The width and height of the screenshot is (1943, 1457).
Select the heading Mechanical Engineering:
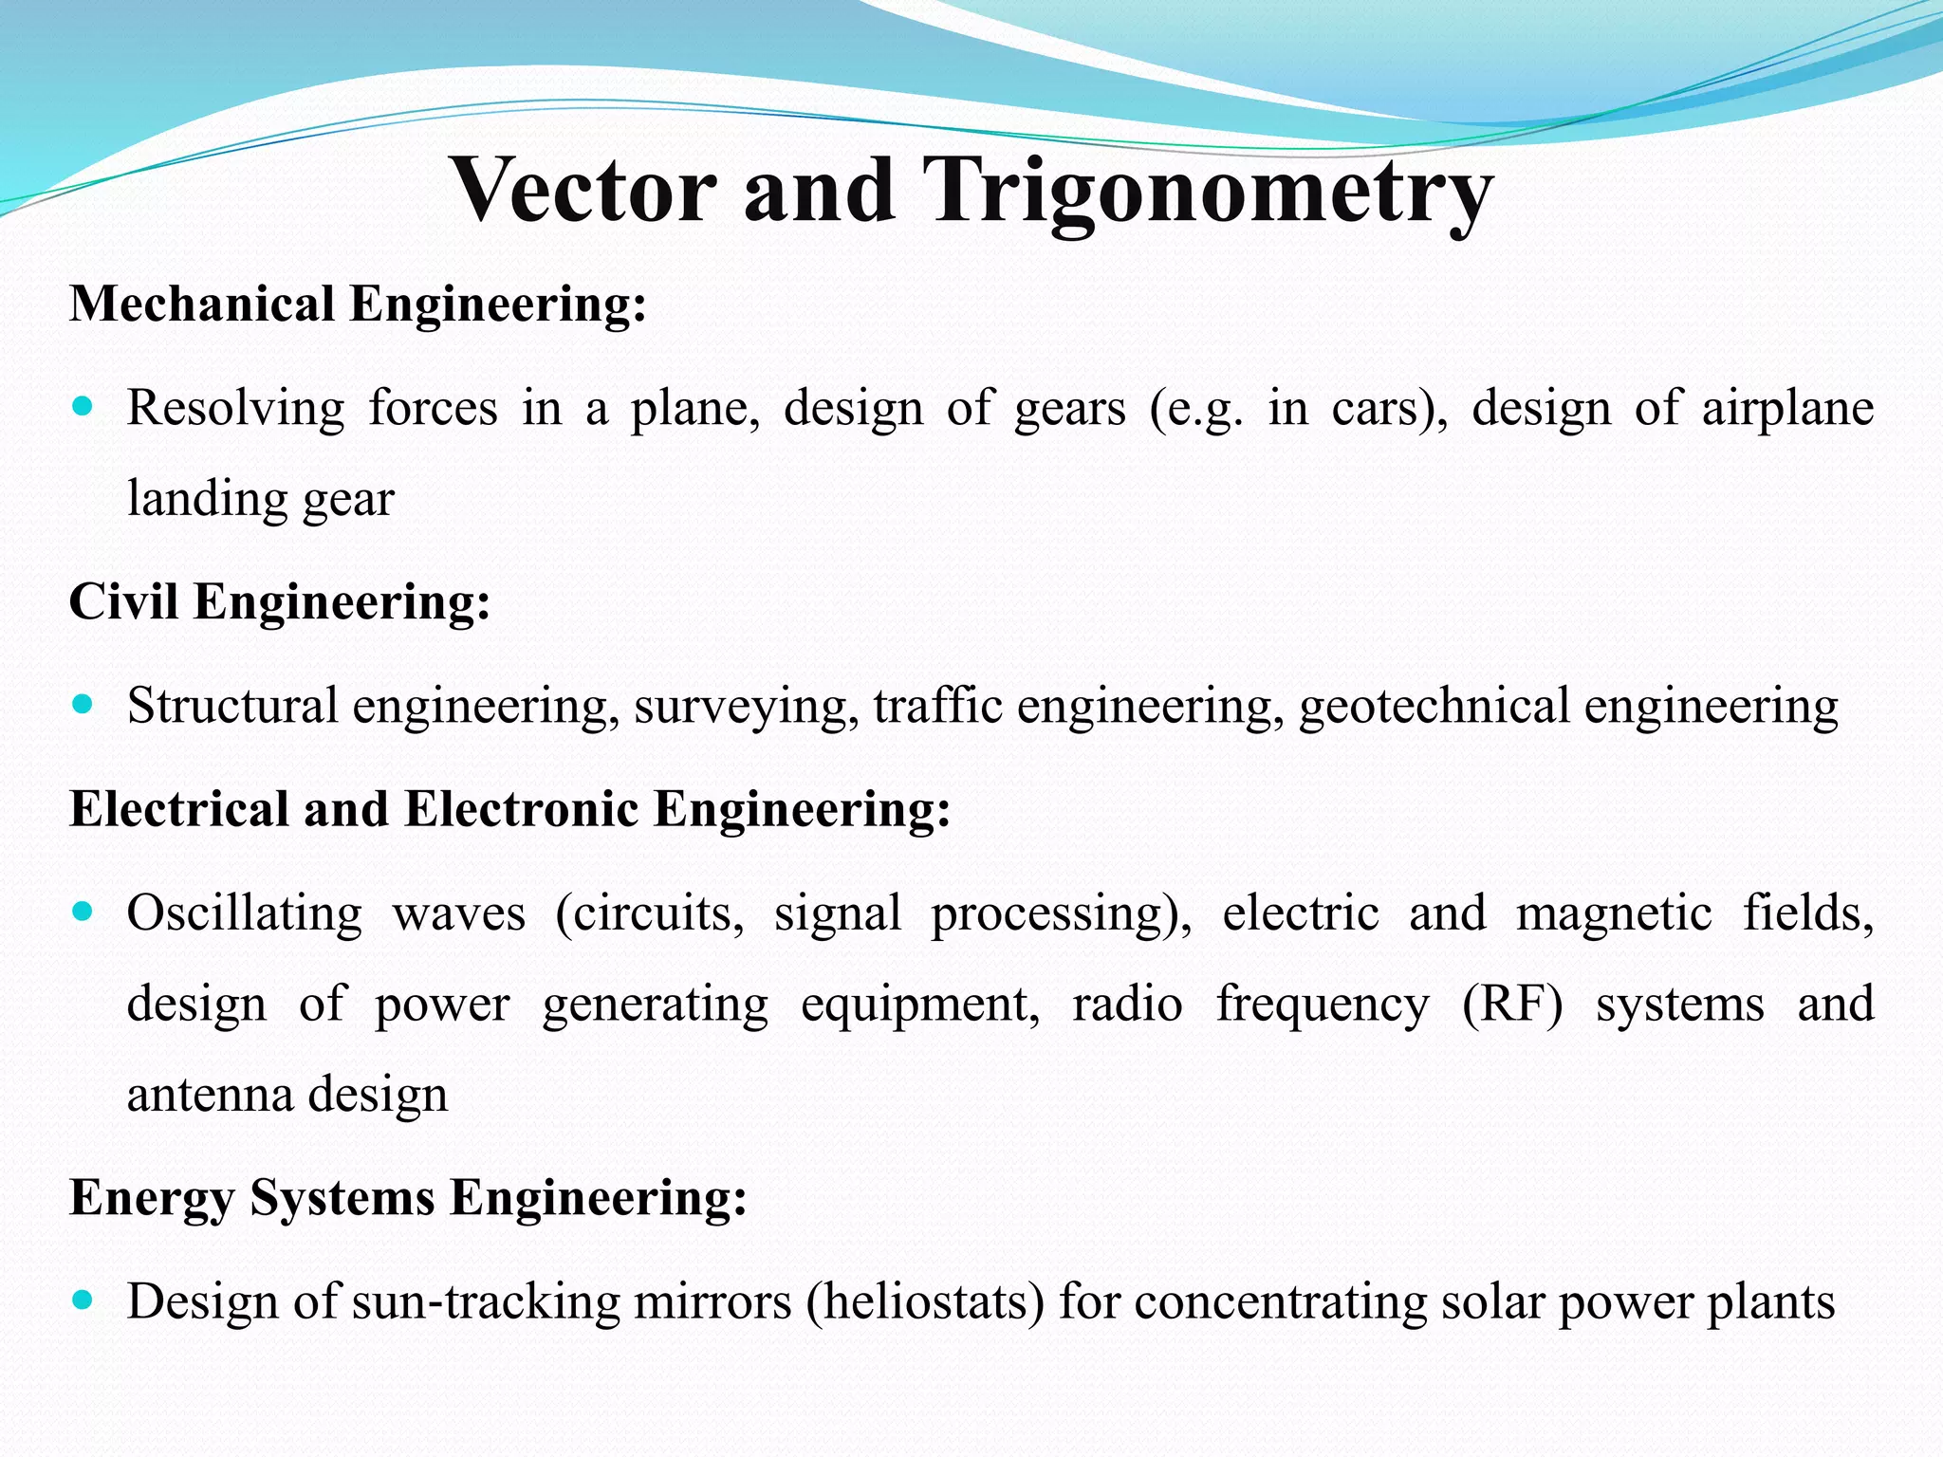tap(358, 304)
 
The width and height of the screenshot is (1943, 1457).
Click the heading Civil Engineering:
tap(280, 601)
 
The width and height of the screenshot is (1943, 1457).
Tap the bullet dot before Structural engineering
tap(83, 705)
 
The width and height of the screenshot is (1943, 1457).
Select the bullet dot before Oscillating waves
tap(83, 913)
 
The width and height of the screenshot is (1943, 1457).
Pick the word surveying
tap(747, 708)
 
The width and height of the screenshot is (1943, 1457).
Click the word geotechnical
tap(1434, 708)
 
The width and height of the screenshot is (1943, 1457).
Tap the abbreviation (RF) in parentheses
tap(1512, 1005)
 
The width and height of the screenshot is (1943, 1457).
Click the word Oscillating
tap(245, 914)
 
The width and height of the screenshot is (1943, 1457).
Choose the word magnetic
tap(1614, 914)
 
